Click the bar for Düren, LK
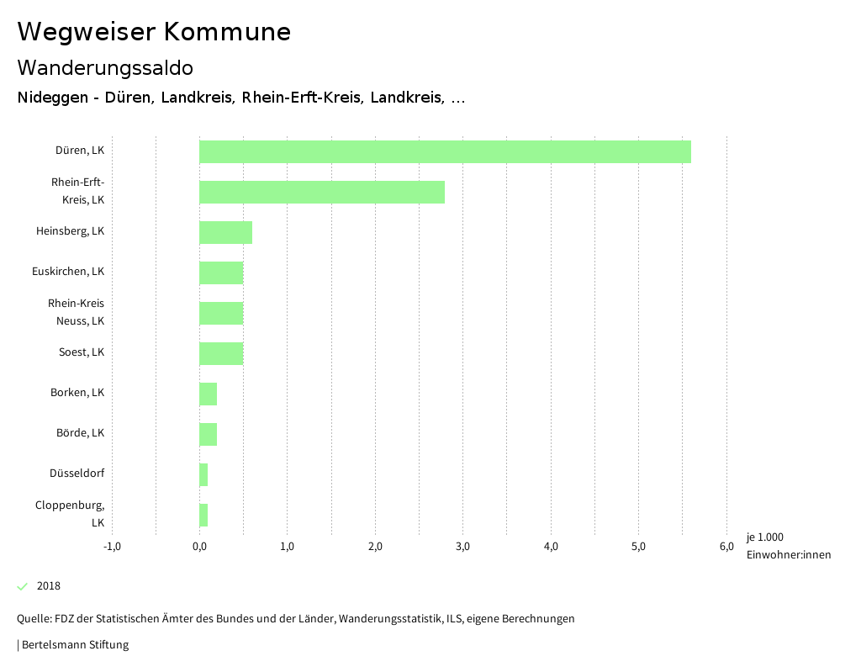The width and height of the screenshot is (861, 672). tap(445, 152)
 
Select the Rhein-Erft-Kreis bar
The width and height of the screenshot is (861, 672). tap(322, 192)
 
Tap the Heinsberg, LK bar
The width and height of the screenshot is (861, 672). tap(225, 232)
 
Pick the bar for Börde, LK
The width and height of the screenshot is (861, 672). tap(208, 434)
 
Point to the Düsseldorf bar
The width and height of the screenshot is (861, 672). tap(203, 474)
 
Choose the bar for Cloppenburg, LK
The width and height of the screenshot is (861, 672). tap(203, 515)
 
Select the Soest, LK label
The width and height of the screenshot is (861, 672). tap(82, 352)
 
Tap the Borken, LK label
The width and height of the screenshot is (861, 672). tap(77, 393)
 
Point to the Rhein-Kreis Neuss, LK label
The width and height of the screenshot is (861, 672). tap(76, 312)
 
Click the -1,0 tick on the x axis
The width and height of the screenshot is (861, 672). tap(112, 547)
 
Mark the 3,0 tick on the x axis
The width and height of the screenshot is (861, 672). tap(462, 547)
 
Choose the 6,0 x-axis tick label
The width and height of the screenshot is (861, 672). tap(726, 547)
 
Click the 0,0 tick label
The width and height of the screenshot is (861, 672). tap(199, 547)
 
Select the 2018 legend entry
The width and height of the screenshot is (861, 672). tap(48, 586)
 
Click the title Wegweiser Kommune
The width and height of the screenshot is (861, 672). tap(154, 32)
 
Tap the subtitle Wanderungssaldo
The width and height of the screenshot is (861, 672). tap(105, 67)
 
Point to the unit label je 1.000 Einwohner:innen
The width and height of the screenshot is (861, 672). tap(788, 546)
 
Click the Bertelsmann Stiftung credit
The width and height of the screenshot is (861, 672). tap(74, 645)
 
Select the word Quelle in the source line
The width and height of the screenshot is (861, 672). tap(33, 619)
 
